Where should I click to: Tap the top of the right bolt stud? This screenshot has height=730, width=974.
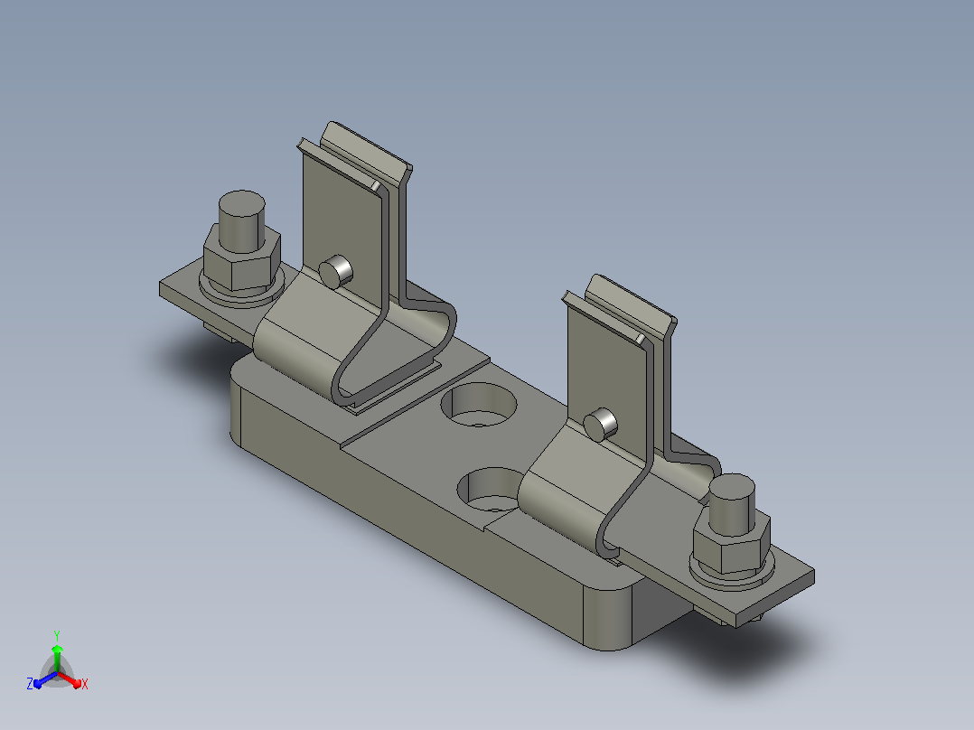732,487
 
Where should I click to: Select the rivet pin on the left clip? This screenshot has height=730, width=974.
336,272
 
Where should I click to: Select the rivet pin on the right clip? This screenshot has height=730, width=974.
601,425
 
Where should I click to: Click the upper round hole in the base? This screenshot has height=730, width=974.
479,405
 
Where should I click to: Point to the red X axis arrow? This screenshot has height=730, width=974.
70,679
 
